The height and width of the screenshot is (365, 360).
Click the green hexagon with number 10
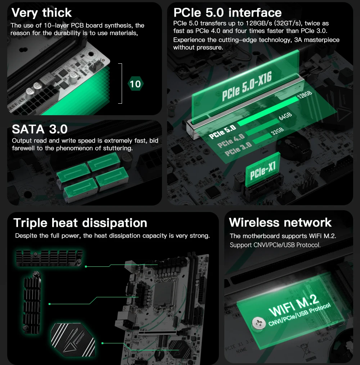[x=135, y=84]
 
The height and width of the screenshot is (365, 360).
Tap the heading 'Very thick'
[x=41, y=13]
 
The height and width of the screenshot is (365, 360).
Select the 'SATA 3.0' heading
[x=40, y=129]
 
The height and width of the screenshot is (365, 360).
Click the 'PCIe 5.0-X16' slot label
[x=247, y=86]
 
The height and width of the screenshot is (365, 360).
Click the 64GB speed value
[x=285, y=116]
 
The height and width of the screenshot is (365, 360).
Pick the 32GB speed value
[x=277, y=131]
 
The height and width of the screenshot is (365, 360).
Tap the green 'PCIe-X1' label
[x=263, y=171]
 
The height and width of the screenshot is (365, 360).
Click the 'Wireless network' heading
[x=280, y=222]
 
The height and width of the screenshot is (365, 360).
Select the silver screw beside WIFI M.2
[x=259, y=323]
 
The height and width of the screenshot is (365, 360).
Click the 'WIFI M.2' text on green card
[x=293, y=305]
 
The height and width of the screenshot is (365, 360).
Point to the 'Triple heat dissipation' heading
[x=80, y=223]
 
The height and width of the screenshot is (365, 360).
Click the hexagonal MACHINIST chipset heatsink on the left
[x=73, y=340]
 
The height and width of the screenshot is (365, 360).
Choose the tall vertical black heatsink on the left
[x=32, y=302]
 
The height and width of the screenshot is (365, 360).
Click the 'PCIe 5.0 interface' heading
[x=228, y=13]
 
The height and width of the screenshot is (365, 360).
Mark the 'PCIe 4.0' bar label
[x=231, y=141]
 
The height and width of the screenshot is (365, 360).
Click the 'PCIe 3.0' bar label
[x=238, y=149]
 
